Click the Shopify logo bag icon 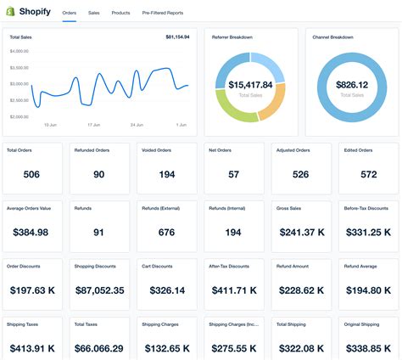(x=12, y=12)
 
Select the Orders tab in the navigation (x=70, y=13)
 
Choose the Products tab (x=120, y=13)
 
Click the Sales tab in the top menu (x=93, y=13)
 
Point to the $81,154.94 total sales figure (x=177, y=37)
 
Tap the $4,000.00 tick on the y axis (x=20, y=51)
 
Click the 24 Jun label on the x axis (x=137, y=124)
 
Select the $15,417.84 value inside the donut (x=250, y=85)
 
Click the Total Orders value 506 (x=31, y=174)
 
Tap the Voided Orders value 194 (x=166, y=174)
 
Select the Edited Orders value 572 (x=368, y=174)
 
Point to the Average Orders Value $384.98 (x=31, y=232)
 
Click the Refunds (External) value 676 (x=166, y=232)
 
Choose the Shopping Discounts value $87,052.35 (x=99, y=290)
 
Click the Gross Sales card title (x=290, y=207)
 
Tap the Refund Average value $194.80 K (x=368, y=290)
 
